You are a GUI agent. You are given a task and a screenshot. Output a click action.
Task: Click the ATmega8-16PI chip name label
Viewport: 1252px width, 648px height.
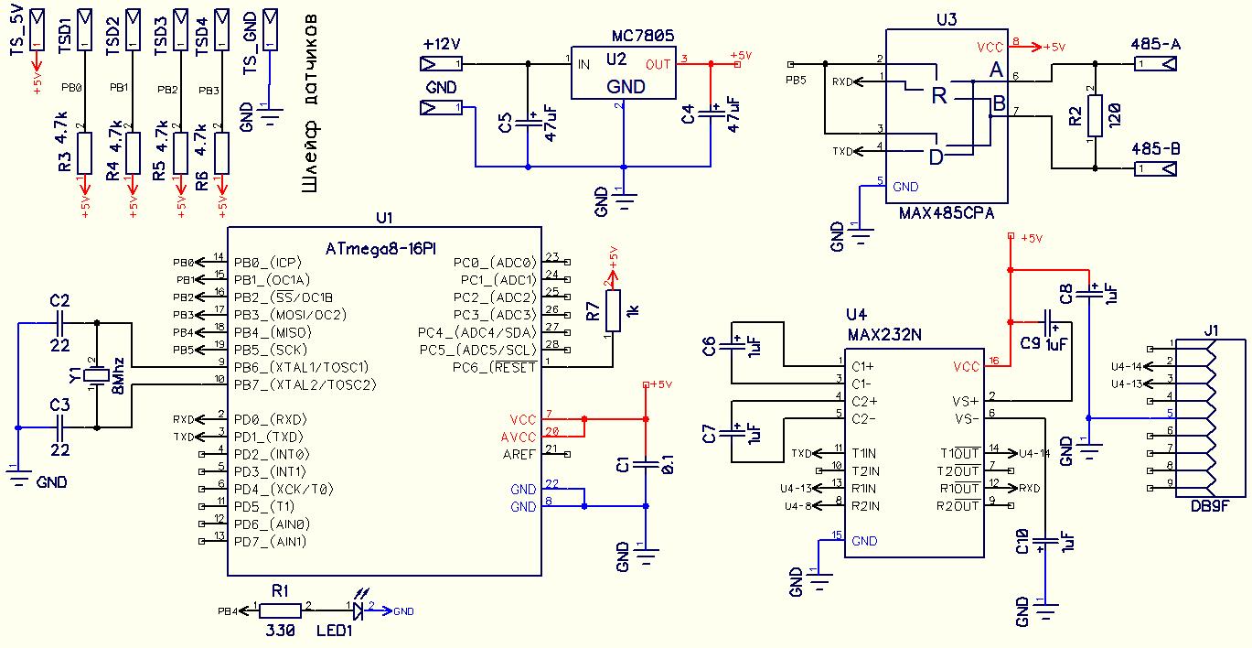[380, 248]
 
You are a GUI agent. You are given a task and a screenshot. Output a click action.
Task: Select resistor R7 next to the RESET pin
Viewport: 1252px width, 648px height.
[613, 310]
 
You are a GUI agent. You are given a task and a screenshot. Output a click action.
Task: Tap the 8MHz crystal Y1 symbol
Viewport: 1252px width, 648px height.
[97, 375]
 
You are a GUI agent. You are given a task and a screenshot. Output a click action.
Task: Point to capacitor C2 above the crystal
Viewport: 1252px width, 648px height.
[59, 323]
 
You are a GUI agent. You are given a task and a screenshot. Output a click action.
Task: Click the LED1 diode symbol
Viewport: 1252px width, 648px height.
[358, 610]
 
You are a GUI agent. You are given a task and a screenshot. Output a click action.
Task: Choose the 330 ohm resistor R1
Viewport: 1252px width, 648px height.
[280, 610]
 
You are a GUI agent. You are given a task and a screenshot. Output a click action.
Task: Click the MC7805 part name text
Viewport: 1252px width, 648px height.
[643, 37]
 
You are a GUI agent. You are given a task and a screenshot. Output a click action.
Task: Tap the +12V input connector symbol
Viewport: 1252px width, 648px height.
[441, 64]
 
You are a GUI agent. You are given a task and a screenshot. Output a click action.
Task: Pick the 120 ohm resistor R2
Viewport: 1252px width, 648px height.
[1095, 116]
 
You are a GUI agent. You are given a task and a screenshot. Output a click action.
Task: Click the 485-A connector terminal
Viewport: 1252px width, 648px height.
[1155, 64]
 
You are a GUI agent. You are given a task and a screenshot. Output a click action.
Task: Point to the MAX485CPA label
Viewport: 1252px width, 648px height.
[947, 213]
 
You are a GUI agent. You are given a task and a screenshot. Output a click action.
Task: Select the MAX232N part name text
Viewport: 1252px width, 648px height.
[884, 335]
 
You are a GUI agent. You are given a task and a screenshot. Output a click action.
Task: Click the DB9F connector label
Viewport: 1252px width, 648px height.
[1210, 506]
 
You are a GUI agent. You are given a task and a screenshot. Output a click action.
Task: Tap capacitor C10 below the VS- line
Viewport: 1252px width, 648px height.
[1045, 543]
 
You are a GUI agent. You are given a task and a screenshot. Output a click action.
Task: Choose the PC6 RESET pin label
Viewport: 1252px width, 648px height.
[495, 368]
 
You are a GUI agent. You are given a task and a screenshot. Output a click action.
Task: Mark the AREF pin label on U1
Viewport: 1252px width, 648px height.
[519, 454]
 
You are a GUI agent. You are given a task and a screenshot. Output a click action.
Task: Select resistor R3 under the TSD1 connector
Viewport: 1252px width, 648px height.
[84, 153]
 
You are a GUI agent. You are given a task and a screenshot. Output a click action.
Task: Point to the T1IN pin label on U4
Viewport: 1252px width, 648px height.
[864, 453]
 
